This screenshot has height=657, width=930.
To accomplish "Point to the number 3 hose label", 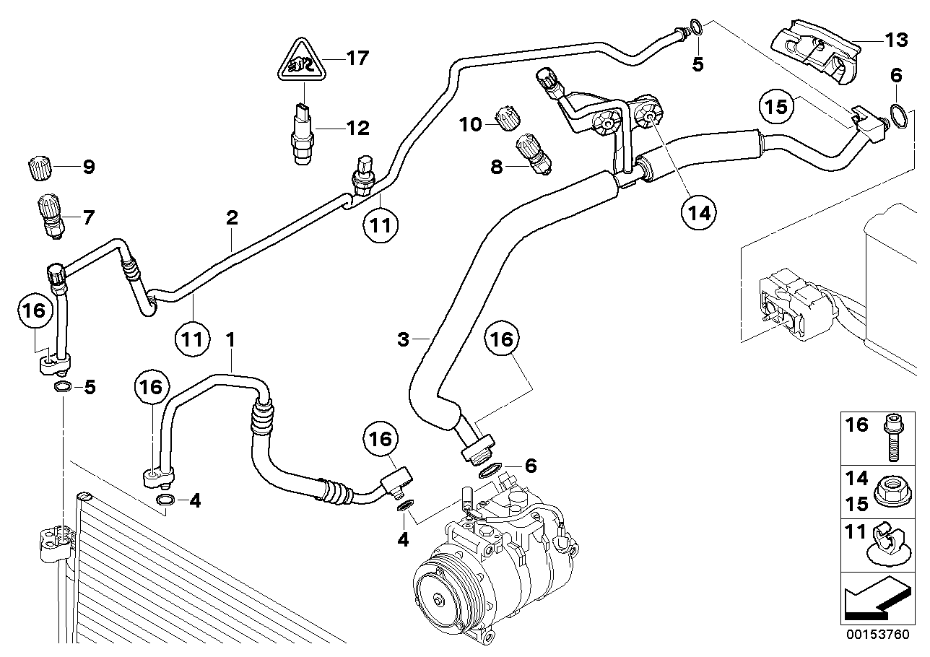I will (403, 338).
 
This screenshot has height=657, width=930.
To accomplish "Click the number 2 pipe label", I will (232, 217).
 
